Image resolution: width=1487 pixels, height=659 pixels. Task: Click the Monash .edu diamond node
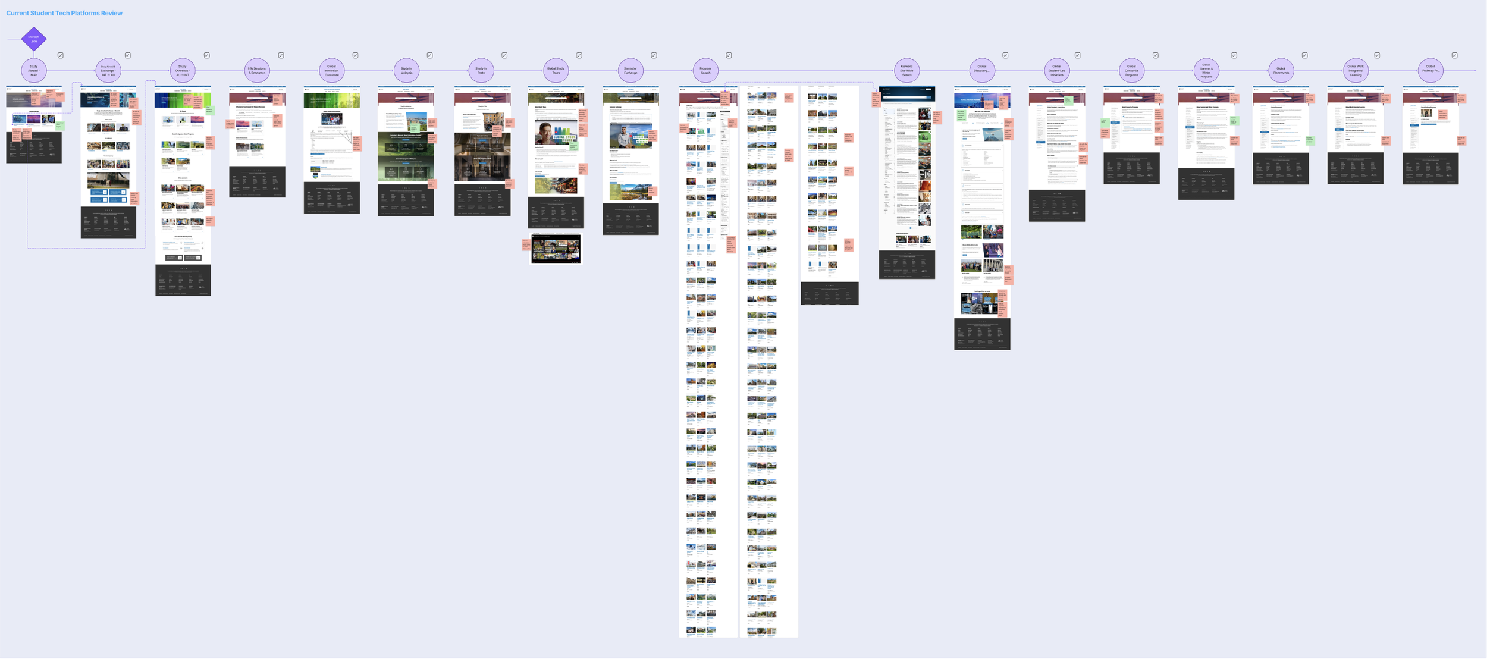pyautogui.click(x=34, y=39)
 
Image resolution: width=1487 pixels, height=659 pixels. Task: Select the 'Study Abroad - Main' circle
pyautogui.click(x=34, y=71)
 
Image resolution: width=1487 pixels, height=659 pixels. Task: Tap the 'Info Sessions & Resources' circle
pyautogui.click(x=257, y=71)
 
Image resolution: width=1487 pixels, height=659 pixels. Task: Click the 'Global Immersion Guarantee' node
pyautogui.click(x=331, y=71)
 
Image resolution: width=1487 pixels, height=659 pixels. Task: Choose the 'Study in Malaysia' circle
pyautogui.click(x=406, y=71)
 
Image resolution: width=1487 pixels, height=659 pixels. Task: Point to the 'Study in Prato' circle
pyautogui.click(x=481, y=71)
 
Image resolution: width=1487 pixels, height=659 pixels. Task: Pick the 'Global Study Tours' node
pyautogui.click(x=556, y=71)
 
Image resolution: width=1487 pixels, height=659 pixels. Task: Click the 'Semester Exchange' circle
pyautogui.click(x=630, y=71)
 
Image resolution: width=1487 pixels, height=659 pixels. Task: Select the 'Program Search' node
pyautogui.click(x=705, y=71)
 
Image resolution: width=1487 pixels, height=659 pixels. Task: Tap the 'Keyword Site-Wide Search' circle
pyautogui.click(x=906, y=71)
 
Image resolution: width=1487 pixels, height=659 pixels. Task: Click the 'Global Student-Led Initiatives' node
pyautogui.click(x=1056, y=71)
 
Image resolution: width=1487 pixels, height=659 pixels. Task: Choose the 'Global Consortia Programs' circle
pyautogui.click(x=1131, y=71)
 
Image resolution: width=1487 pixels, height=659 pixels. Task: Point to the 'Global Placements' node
pyautogui.click(x=1281, y=71)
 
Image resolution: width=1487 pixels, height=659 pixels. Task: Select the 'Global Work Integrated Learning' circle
pyautogui.click(x=1356, y=71)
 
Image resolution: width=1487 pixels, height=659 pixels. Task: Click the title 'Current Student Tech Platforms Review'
pyautogui.click(x=64, y=13)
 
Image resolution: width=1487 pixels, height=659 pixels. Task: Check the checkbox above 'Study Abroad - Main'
pyautogui.click(x=61, y=55)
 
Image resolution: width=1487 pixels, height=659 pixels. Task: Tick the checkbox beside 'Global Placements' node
pyautogui.click(x=1304, y=55)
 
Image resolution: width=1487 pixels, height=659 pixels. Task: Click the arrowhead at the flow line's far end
pyautogui.click(x=1475, y=71)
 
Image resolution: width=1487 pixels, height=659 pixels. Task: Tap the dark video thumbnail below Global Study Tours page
pyautogui.click(x=556, y=249)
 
